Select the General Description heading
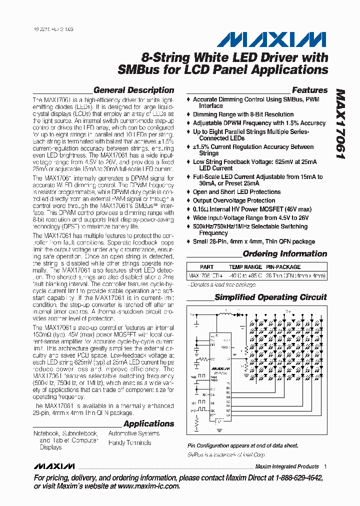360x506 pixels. (133, 90)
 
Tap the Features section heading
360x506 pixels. (309, 90)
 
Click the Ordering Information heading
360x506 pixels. (284, 254)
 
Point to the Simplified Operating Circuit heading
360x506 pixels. (270, 297)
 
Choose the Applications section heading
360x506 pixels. (148, 424)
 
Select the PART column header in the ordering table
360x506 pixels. (206, 267)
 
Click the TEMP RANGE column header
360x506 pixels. (245, 267)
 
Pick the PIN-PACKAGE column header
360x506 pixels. (283, 267)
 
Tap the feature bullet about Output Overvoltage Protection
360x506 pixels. (234, 201)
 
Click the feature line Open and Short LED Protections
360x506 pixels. (236, 192)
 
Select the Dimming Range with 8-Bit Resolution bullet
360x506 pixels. (243, 114)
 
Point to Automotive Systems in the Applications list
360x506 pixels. (133, 433)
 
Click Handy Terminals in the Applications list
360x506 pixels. (129, 442)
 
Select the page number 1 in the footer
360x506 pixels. (325, 466)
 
